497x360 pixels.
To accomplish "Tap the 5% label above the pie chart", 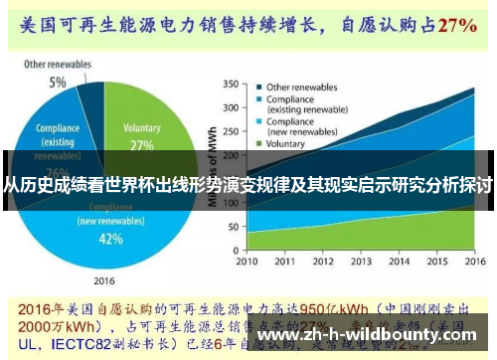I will pos(59,82).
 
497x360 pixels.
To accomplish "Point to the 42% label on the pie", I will pos(111,239).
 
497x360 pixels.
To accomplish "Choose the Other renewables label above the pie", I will pos(58,65).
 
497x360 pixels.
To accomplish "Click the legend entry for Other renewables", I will pos(302,87).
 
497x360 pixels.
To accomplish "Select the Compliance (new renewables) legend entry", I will pos(307,128).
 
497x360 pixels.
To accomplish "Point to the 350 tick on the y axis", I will pos(231,85).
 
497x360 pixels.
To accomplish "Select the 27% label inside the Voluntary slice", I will pos(141,145).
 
